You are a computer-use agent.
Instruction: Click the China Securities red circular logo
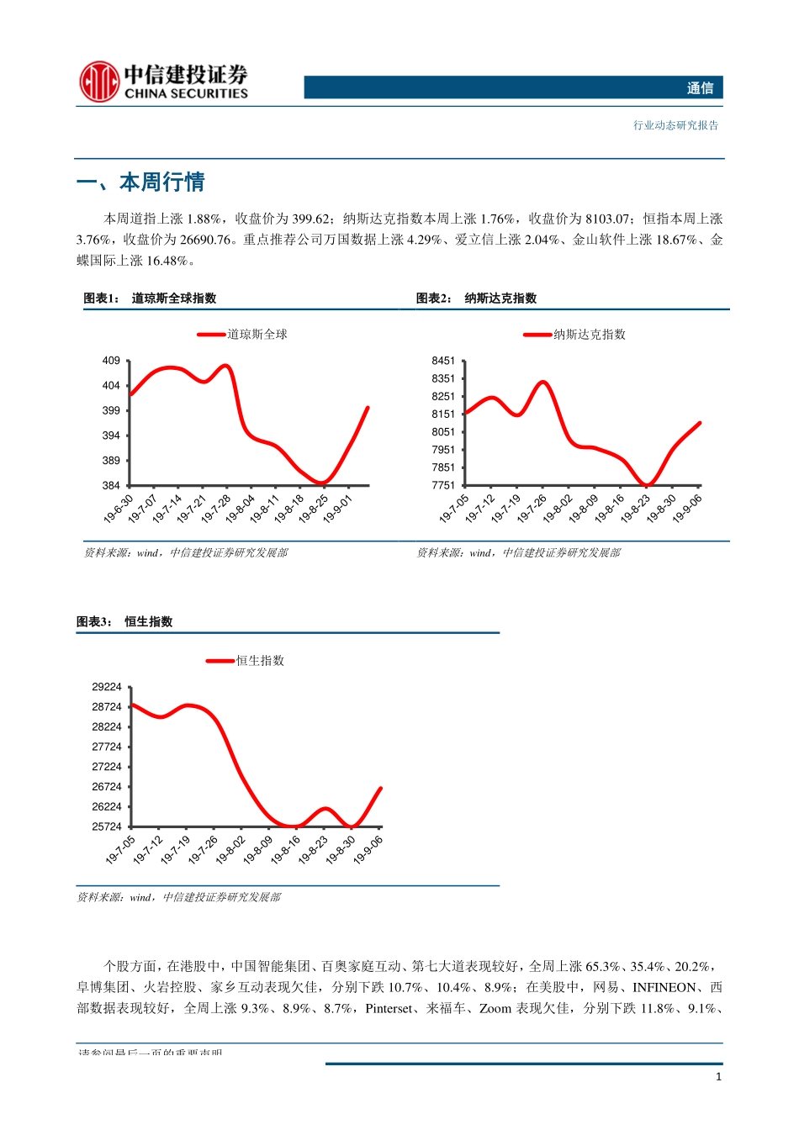pyautogui.click(x=98, y=82)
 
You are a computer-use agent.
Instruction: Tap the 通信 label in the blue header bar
pyautogui.click(x=699, y=88)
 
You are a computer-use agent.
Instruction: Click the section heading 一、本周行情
pyautogui.click(x=140, y=182)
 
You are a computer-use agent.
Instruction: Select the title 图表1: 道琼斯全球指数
pyautogui.click(x=150, y=298)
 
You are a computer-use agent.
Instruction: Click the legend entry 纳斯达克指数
pyautogui.click(x=588, y=335)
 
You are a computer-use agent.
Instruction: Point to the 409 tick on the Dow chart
pyautogui.click(x=111, y=361)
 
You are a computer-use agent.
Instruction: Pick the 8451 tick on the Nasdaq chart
pyautogui.click(x=442, y=361)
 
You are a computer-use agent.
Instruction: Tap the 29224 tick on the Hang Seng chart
pyautogui.click(x=107, y=687)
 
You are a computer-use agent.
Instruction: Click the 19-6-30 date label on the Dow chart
pyautogui.click(x=119, y=509)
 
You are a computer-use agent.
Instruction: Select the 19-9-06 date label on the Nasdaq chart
pyautogui.click(x=687, y=509)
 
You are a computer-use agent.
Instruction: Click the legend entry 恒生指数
pyautogui.click(x=259, y=661)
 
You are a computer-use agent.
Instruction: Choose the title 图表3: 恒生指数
pyautogui.click(x=124, y=622)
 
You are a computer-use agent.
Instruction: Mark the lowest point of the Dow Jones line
pyautogui.click(x=322, y=483)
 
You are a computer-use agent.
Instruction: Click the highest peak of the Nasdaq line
pyautogui.click(x=542, y=383)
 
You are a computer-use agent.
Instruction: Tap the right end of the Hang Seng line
pyautogui.click(x=381, y=789)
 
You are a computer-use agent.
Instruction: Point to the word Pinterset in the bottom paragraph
pyautogui.click(x=389, y=1008)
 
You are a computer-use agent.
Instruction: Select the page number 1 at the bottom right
pyautogui.click(x=718, y=1076)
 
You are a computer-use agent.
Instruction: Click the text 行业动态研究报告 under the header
pyautogui.click(x=675, y=125)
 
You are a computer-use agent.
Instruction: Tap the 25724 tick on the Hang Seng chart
pyautogui.click(x=107, y=826)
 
